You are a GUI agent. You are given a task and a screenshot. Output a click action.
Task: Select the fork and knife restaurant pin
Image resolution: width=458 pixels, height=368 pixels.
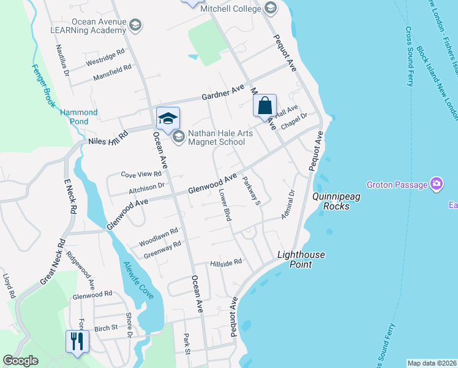pos(77,340)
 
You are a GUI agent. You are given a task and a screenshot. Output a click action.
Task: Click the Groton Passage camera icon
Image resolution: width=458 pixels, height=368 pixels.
pos(436,184)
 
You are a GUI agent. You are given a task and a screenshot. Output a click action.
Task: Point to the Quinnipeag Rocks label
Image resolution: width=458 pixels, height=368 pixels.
pos(331,201)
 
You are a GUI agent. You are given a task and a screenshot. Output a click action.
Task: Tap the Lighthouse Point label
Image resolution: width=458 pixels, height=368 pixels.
pos(301,259)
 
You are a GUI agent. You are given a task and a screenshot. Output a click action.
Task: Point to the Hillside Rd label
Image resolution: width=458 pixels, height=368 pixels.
pos(226,262)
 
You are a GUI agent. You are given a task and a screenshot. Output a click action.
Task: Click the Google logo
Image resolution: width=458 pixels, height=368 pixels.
pos(21,361)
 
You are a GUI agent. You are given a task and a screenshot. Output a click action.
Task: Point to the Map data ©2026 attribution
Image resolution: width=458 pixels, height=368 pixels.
pos(432,363)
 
